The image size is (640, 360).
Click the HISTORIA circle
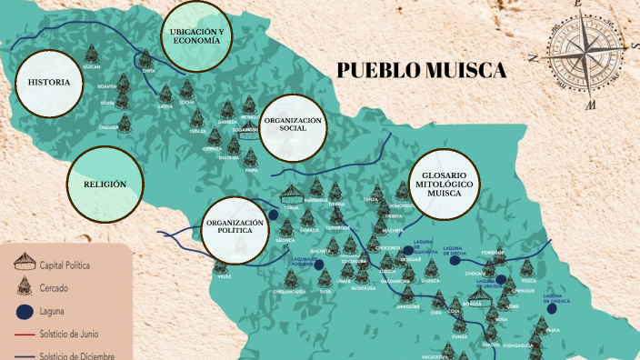tap(49, 83)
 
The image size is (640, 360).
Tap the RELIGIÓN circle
tap(105, 185)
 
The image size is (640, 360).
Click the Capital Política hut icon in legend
tap(23, 264)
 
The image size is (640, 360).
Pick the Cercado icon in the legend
tap(23, 288)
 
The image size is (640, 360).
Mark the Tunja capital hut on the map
tap(292, 194)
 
